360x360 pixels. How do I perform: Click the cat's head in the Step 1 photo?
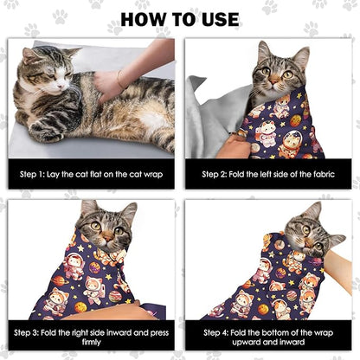pyautogui.click(x=45, y=69)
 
